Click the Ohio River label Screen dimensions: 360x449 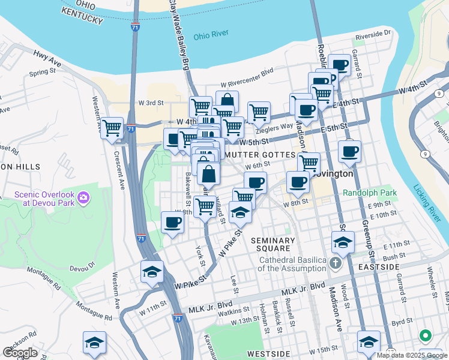click(x=211, y=35)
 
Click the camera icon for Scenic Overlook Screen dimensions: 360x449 click(x=83, y=197)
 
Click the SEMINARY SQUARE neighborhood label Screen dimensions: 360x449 click(x=273, y=244)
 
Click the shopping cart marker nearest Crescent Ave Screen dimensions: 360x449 click(x=112, y=128)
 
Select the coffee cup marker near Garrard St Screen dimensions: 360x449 click(x=340, y=65)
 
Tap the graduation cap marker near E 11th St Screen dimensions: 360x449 click(x=343, y=242)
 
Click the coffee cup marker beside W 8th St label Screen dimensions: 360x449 click(x=173, y=222)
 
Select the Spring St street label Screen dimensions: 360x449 click(x=42, y=73)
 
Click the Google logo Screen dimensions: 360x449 click(x=20, y=353)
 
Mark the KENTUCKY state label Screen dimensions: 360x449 click(x=82, y=20)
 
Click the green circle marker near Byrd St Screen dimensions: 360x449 click(x=425, y=335)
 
